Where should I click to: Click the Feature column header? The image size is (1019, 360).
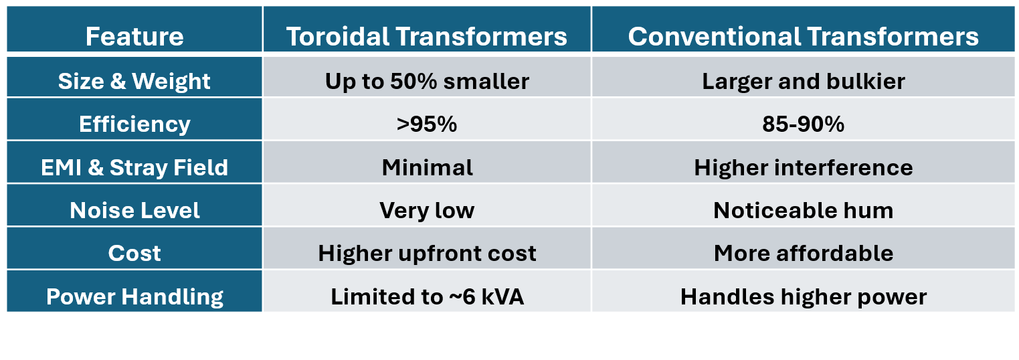[134, 36]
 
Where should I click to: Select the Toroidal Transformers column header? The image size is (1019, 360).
[427, 36]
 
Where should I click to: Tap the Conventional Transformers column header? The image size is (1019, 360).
[804, 36]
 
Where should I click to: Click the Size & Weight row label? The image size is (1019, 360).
[134, 82]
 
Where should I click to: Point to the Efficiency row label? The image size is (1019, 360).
[134, 124]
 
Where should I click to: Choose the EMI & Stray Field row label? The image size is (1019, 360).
[134, 167]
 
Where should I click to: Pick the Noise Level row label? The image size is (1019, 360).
[134, 210]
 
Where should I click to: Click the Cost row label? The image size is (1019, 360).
[134, 253]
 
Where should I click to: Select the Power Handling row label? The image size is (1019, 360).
[134, 296]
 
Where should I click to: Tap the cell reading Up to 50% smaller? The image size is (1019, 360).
[427, 82]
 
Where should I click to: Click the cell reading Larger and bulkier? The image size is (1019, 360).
[804, 82]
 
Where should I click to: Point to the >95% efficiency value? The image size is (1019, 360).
[427, 124]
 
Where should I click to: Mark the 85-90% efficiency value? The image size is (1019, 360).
[804, 124]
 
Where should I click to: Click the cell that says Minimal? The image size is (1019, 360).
[427, 167]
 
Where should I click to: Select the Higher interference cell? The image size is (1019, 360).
[804, 167]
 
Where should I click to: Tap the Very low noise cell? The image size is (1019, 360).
[427, 211]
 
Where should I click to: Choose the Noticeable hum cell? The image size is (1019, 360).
[804, 210]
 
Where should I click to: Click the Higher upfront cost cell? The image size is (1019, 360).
[427, 254]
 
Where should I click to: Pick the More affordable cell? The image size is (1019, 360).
[804, 253]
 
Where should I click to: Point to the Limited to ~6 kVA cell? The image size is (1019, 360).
[427, 296]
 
